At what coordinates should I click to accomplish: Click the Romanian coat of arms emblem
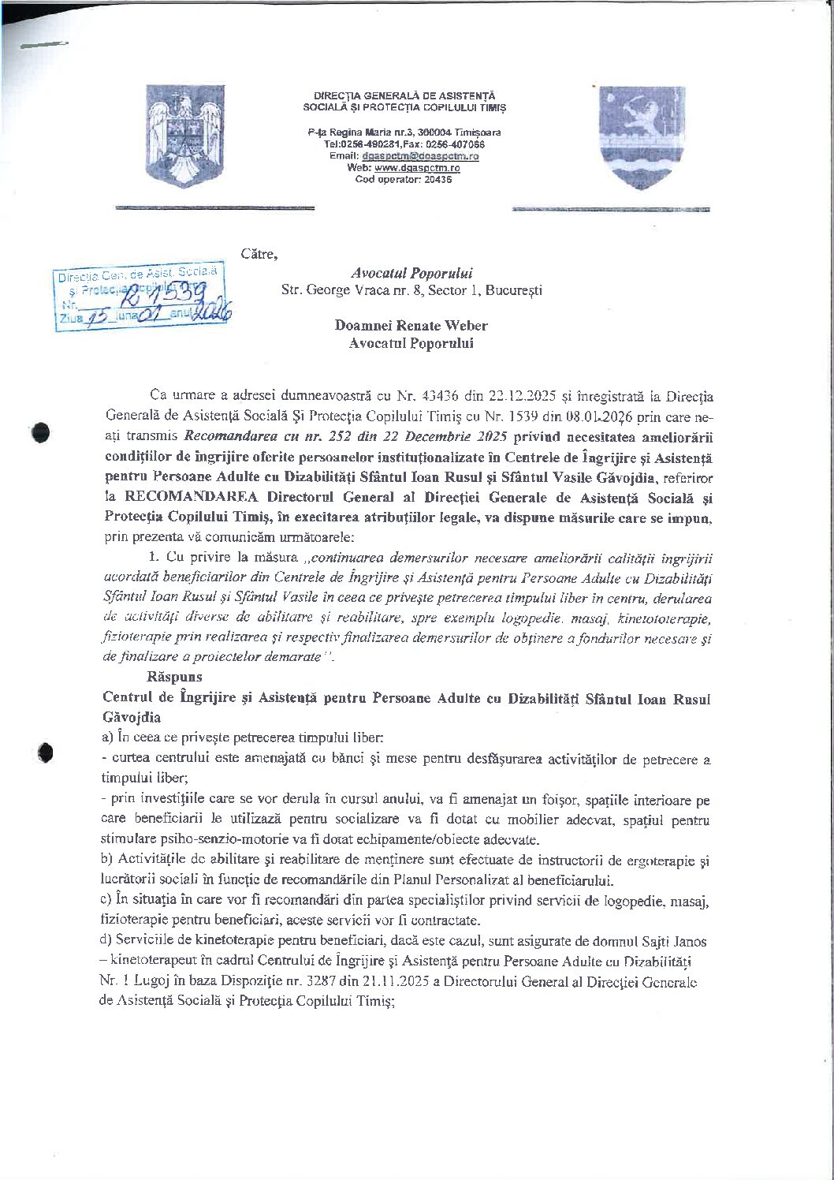(x=184, y=135)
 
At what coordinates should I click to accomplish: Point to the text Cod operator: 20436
(x=404, y=179)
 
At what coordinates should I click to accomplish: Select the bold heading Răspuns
(x=174, y=676)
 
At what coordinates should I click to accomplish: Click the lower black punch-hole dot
(x=45, y=752)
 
